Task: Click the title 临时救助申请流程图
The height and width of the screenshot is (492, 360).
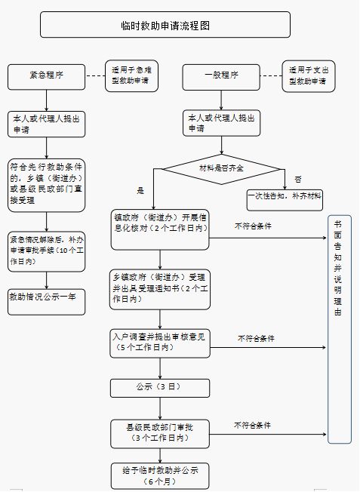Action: click(x=165, y=25)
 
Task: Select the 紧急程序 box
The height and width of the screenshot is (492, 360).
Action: click(x=46, y=75)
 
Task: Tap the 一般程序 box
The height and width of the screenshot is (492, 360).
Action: click(x=221, y=75)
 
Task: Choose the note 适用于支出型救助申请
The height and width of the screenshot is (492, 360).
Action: click(x=308, y=75)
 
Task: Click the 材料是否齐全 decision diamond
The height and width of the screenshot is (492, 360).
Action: click(x=221, y=168)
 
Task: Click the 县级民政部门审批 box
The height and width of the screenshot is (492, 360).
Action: click(x=158, y=432)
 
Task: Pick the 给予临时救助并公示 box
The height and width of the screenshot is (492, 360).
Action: click(x=159, y=475)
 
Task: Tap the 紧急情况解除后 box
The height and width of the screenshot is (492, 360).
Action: click(x=46, y=251)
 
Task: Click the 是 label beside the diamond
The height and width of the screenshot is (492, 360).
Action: click(x=140, y=191)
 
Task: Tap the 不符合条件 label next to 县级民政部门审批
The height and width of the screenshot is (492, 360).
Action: click(x=252, y=426)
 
